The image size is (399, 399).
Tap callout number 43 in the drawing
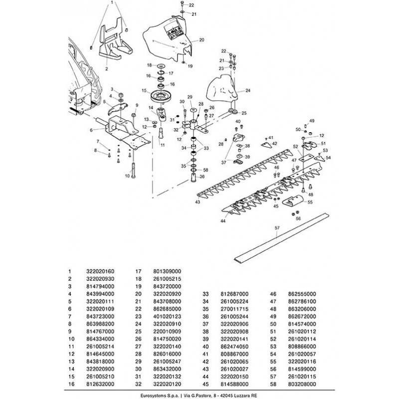198,201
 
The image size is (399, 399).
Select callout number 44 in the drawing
223,220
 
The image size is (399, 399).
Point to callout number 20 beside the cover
202,39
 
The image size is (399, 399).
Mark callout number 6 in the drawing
91,130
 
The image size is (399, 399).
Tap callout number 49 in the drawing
312,121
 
